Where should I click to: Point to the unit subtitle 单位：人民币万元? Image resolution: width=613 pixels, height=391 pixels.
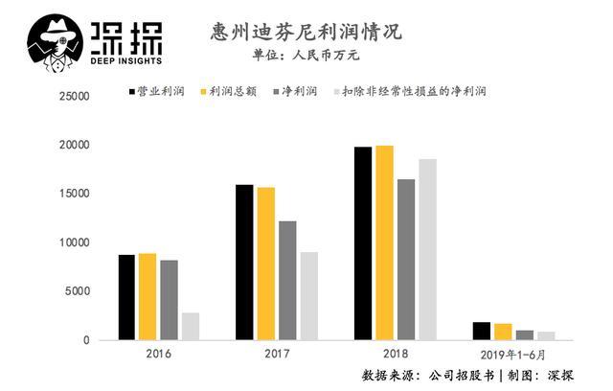click(306, 55)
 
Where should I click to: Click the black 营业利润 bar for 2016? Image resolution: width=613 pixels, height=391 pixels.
click(126, 297)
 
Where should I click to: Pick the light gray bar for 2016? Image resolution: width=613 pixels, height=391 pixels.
click(191, 326)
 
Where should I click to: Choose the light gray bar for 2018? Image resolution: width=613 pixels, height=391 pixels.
click(427, 249)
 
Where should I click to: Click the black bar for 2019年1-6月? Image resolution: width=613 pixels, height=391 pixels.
click(481, 331)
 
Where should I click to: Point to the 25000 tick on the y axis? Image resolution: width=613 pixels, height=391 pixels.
click(74, 97)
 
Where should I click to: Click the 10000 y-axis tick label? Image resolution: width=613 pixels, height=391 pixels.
click(74, 242)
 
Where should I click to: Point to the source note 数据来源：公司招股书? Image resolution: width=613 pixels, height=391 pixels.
click(428, 373)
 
